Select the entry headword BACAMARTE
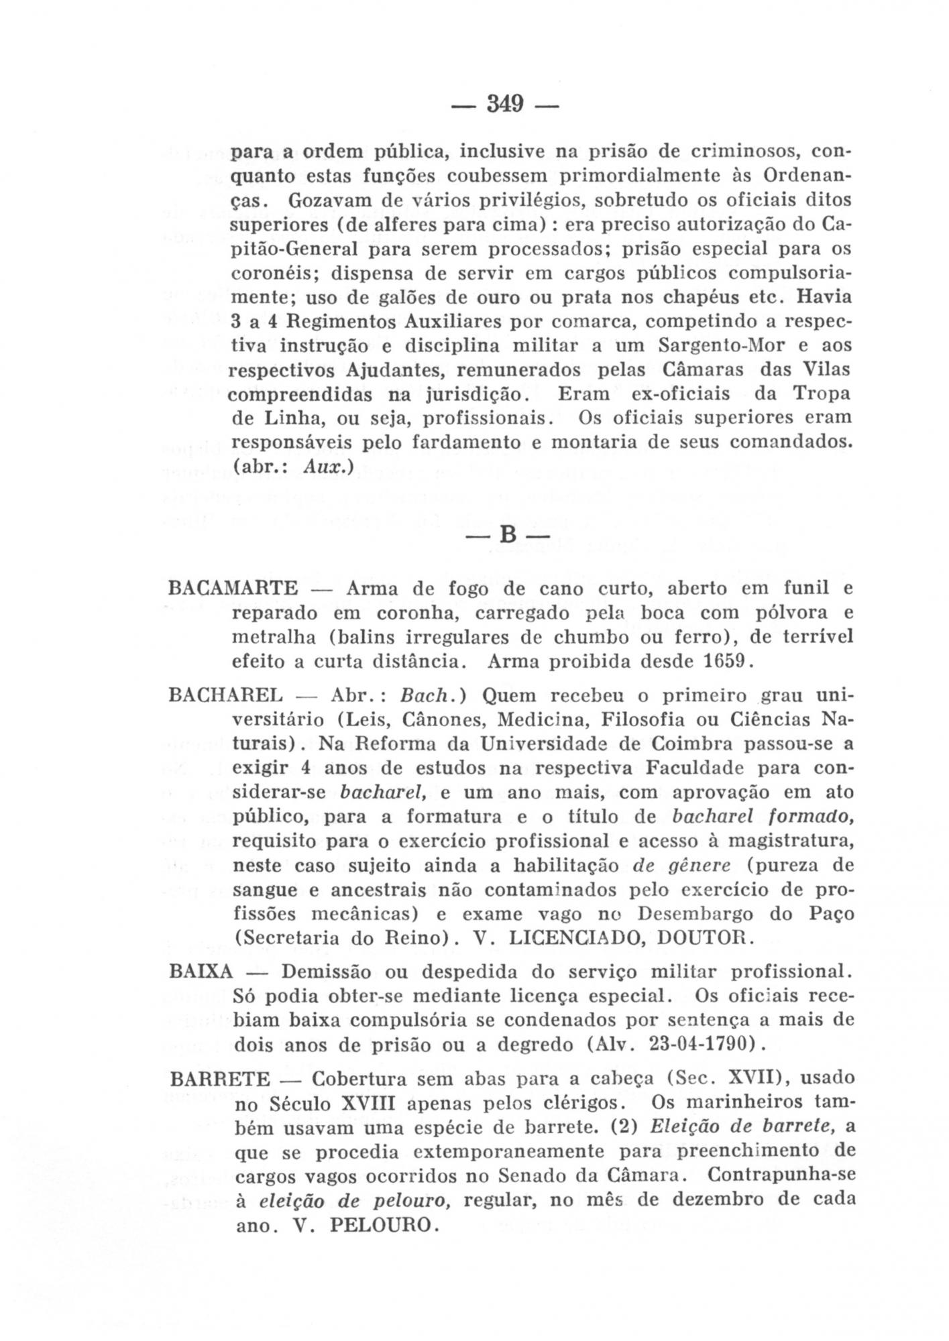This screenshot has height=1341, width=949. click(233, 589)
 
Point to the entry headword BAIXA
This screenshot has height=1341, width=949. click(201, 972)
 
